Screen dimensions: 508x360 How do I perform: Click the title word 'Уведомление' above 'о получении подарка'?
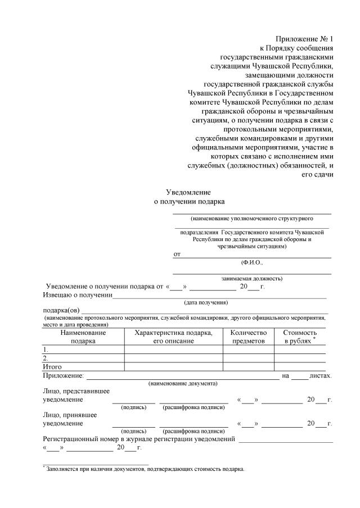click(x=188, y=192)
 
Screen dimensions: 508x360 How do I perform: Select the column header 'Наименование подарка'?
click(x=83, y=337)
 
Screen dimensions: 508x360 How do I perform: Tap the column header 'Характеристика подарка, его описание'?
click(x=173, y=337)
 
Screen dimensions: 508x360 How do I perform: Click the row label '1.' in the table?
click(x=46, y=349)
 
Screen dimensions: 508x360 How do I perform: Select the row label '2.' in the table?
click(x=46, y=357)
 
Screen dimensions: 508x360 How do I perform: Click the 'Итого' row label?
click(x=52, y=366)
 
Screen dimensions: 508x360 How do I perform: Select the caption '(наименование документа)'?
click(x=183, y=383)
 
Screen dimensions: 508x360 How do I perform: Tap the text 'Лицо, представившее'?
click(x=76, y=391)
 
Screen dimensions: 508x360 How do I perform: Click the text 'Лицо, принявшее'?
click(x=69, y=415)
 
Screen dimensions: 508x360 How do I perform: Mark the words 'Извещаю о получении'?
click(x=78, y=294)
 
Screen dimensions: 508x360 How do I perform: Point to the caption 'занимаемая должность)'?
click(x=251, y=278)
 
